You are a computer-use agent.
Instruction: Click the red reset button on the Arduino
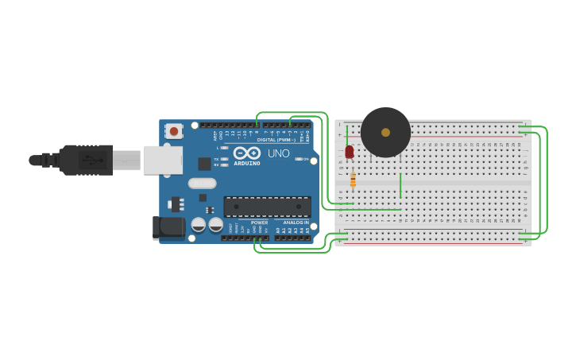click(174, 130)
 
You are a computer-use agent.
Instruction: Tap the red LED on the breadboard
click(350, 151)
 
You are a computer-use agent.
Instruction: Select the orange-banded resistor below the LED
click(353, 180)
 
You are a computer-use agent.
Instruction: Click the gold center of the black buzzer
click(385, 133)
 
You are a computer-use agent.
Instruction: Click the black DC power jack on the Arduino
click(168, 227)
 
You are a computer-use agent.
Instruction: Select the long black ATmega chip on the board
click(267, 207)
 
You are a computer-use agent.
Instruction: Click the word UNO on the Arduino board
click(279, 153)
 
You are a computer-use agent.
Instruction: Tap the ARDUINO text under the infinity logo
click(247, 164)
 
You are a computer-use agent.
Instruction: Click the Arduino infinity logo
click(247, 153)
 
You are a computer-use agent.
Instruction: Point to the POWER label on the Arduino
click(260, 223)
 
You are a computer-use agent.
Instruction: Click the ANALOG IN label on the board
click(296, 223)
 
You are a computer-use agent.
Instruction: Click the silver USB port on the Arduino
click(162, 160)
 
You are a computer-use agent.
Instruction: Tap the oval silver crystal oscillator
click(203, 183)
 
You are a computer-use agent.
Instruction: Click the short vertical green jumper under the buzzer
click(400, 185)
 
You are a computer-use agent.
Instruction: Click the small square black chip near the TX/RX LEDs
click(204, 164)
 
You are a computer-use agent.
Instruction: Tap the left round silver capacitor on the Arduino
click(199, 225)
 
